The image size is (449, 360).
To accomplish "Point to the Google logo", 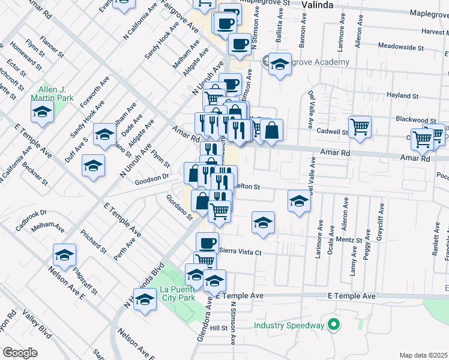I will (x=20, y=352).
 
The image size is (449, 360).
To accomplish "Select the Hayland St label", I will (x=402, y=95).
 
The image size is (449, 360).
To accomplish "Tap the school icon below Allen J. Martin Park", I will (x=42, y=112).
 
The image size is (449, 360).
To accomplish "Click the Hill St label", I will (x=218, y=328).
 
